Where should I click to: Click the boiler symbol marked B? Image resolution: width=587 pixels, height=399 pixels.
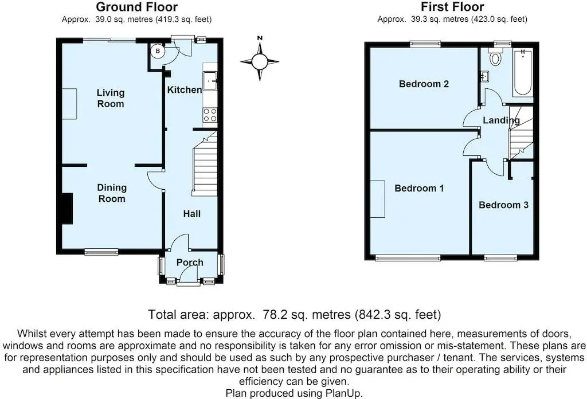pos(158,51)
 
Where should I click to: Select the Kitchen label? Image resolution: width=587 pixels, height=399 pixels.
pos(185,90)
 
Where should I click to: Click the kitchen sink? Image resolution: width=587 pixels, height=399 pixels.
pos(210,81)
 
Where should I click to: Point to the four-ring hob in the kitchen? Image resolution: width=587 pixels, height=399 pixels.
pos(210,115)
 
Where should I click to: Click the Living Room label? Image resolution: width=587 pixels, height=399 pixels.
pos(111,98)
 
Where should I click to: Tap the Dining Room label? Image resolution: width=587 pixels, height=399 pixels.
pos(112,193)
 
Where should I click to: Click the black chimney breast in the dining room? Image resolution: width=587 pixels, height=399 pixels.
pos(67,209)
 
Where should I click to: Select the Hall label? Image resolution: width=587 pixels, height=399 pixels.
pos(191,214)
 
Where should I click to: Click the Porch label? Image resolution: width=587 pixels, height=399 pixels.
pos(190,263)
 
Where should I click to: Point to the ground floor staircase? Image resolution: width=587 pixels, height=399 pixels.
pos(205,163)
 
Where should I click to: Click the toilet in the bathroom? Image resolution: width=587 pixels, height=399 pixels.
pos(496,57)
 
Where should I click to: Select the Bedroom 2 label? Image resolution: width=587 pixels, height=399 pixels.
pos(424,84)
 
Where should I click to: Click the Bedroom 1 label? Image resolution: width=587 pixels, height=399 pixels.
pos(419,188)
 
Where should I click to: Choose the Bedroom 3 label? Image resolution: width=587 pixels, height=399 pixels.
pos(503,205)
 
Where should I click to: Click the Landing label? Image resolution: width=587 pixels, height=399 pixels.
pos(501,120)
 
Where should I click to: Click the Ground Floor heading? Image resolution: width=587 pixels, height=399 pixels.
pos(136,7)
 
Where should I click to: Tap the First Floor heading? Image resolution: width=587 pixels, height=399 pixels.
pos(452,7)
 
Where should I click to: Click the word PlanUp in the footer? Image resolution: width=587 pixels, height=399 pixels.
pos(344,393)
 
